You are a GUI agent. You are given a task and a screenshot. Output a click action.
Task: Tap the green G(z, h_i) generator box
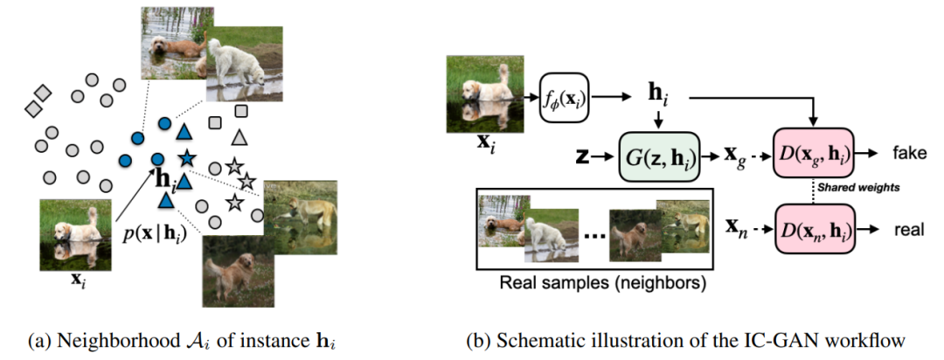(661, 157)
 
